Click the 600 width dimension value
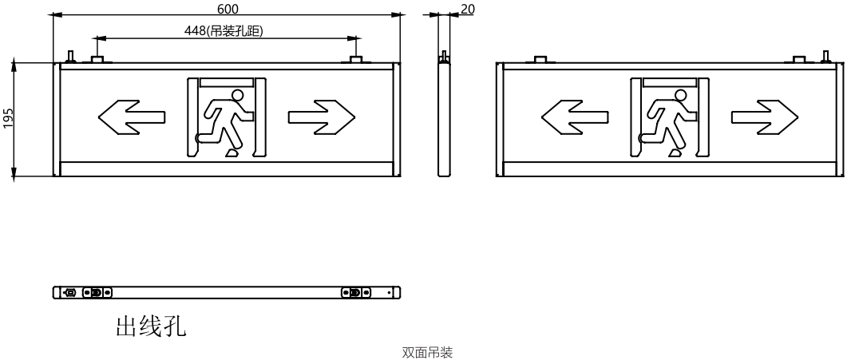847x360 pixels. [228, 9]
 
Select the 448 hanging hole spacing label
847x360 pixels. [224, 31]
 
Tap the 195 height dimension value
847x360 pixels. [8, 119]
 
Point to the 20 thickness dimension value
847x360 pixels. [468, 9]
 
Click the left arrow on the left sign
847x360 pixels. [131, 117]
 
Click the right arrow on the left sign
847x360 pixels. [322, 117]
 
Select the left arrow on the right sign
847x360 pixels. [575, 117]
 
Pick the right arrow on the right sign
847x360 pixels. [765, 117]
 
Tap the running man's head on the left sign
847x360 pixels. [237, 96]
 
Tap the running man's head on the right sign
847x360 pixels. [681, 96]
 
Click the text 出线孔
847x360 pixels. [151, 326]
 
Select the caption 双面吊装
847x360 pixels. [427, 353]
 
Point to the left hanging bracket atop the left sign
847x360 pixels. [97, 59]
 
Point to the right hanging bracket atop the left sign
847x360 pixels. [355, 59]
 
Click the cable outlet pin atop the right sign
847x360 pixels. [825, 56]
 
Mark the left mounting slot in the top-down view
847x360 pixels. [97, 292]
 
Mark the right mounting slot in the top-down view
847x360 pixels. [356, 292]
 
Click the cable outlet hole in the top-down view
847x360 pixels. [69, 292]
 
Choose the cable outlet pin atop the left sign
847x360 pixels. [70, 56]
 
